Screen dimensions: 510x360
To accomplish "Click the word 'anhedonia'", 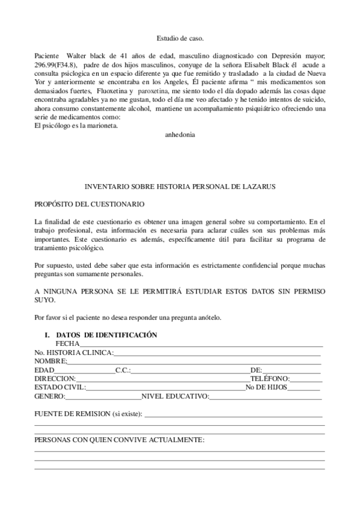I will (x=180, y=135).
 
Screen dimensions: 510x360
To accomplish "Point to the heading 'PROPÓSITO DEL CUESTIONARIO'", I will (x=89, y=204).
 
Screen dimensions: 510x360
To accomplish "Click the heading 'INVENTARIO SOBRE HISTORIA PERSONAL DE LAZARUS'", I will (x=180, y=187).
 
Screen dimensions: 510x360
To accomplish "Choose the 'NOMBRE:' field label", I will (x=50, y=361).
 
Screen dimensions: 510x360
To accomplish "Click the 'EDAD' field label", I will (x=44, y=370).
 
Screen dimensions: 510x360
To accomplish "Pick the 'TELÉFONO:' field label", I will (x=270, y=378).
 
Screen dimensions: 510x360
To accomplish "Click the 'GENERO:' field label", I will (x=49, y=396).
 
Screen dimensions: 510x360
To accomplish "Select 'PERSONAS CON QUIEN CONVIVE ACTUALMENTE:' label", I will (x=119, y=440).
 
